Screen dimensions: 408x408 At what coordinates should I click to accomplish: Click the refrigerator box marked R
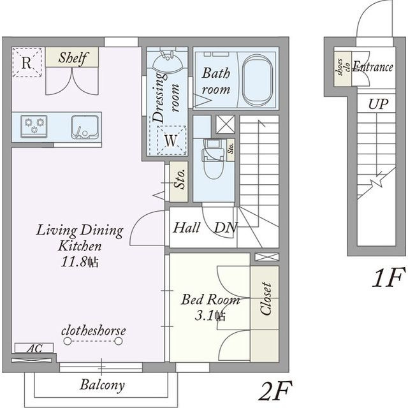[x=27, y=62]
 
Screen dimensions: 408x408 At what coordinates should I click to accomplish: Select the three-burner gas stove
[x=34, y=126]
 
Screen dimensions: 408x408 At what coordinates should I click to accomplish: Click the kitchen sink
[x=85, y=127]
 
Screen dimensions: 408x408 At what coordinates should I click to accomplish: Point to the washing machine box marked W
[x=171, y=140]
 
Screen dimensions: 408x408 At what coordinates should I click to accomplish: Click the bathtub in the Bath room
[x=258, y=80]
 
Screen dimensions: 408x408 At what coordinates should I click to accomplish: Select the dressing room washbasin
[x=167, y=62]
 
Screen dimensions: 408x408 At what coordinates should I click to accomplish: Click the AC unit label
[x=34, y=349]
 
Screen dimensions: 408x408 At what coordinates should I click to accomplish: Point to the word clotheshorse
[x=94, y=331]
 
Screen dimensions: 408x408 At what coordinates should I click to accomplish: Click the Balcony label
[x=102, y=385]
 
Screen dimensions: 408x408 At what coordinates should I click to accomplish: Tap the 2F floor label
[x=275, y=391]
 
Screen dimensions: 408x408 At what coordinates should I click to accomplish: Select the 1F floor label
[x=389, y=277]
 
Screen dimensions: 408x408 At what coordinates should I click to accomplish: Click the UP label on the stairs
[x=378, y=104]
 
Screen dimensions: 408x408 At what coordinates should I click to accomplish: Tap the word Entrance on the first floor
[x=372, y=67]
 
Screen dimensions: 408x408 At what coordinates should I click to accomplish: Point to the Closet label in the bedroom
[x=266, y=298]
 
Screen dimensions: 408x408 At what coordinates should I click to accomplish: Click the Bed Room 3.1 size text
[x=210, y=307]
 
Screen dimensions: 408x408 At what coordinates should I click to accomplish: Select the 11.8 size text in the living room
[x=80, y=261]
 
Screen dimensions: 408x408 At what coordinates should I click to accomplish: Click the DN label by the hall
[x=225, y=228]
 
